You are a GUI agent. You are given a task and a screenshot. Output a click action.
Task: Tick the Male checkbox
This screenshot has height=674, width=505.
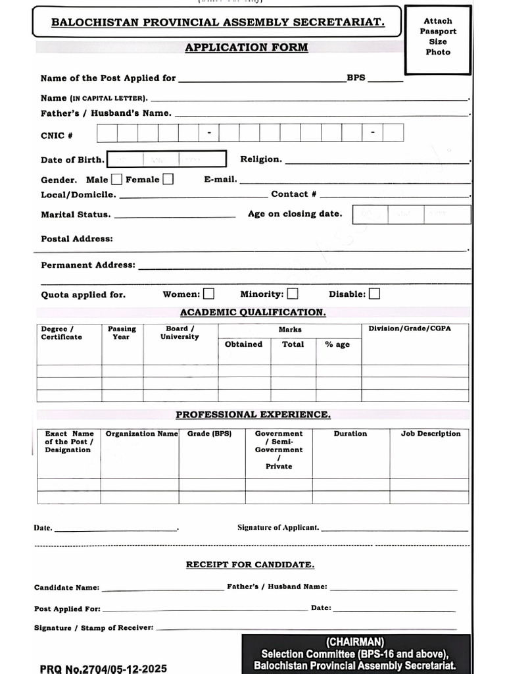pos(116,179)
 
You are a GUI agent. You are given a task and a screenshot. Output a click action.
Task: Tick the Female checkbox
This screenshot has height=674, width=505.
pos(168,179)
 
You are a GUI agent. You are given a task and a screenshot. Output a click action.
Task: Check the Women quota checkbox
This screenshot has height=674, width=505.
pos(208,294)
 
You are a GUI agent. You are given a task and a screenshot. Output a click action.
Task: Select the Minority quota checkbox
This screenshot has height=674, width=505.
pos(292,294)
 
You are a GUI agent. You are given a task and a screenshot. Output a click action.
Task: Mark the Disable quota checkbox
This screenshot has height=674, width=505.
pos(374,294)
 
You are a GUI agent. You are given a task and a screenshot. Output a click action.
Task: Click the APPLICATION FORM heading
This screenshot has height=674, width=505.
pos(246,47)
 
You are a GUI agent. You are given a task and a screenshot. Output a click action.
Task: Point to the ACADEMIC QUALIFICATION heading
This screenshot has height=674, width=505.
pos(252,312)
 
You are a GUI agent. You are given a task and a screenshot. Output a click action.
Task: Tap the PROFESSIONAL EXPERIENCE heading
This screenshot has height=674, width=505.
pos(252,415)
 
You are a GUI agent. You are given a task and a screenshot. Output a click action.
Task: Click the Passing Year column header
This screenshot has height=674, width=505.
pos(122,332)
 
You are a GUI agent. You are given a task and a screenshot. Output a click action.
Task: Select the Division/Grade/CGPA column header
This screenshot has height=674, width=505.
pos(409,328)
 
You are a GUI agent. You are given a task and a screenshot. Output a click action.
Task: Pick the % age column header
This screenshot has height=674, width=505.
pos(337,344)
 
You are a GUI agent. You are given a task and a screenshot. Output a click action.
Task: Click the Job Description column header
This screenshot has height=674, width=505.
pos(431,434)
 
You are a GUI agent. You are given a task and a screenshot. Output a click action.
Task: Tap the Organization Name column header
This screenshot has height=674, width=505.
pos(141,434)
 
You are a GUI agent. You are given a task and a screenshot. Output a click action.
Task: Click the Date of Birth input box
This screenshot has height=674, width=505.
pos(166,159)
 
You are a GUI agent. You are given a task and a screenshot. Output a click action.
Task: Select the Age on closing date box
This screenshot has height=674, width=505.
pos(412,215)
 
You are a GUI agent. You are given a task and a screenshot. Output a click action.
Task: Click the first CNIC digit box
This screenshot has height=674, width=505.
pos(107,134)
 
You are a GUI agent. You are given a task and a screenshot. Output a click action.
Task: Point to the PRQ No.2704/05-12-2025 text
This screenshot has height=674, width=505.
pos(103,668)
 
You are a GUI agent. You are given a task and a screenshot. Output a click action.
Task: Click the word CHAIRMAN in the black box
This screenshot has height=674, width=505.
pos(355,642)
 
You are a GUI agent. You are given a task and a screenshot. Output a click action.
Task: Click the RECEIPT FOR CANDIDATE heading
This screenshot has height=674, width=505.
pos(250,565)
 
